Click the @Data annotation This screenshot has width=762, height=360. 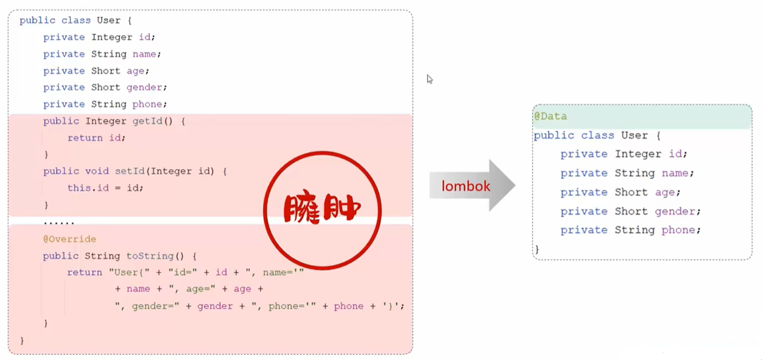coord(550,116)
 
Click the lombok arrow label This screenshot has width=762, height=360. coord(466,186)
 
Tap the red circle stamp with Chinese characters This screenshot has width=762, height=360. coord(322,210)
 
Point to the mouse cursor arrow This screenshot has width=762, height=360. coord(430,79)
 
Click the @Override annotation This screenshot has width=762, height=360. coord(69,239)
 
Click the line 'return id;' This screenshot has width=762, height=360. coord(96,138)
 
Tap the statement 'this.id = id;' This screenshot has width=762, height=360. coord(105,188)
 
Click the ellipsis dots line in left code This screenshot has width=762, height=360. coord(59,222)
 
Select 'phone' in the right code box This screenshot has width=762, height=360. coord(681,230)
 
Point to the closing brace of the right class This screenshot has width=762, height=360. coord(536,249)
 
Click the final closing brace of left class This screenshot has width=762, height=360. coord(22,340)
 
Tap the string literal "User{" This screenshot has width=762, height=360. coord(127,272)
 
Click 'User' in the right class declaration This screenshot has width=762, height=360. coord(634,135)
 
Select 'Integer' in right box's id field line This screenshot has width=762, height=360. coord(637,154)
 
